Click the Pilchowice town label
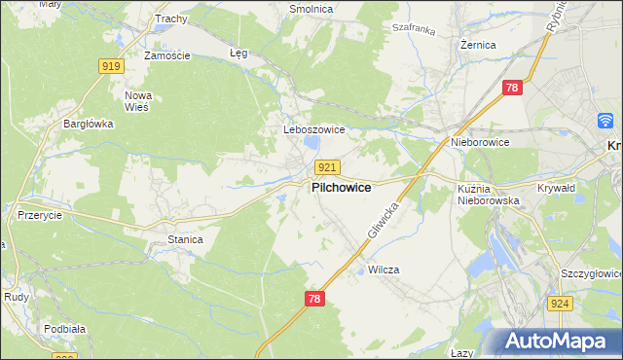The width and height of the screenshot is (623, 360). (x=340, y=188)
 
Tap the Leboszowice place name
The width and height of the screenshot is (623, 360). (x=307, y=129)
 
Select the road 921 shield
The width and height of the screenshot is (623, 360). (x=327, y=168)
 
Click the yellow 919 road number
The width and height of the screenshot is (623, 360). (x=110, y=65)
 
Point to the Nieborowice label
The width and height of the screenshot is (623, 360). (x=480, y=142)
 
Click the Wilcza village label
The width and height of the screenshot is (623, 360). (x=384, y=270)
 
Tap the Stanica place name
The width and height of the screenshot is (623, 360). (x=185, y=238)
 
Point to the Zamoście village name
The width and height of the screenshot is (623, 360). (x=166, y=55)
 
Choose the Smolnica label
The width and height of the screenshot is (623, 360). (x=311, y=9)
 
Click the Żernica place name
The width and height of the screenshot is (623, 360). (x=478, y=45)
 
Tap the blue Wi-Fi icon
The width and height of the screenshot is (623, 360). (x=605, y=121)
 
